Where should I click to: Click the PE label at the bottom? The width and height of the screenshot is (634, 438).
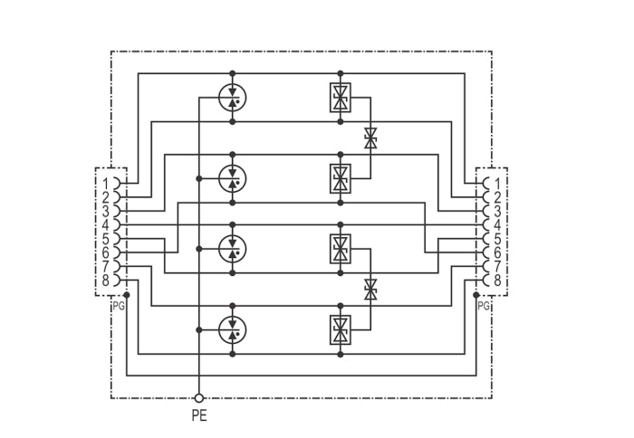coord(199,415)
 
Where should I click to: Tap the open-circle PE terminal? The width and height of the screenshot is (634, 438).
coord(198,398)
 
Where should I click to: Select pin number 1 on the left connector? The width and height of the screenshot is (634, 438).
coord(106,184)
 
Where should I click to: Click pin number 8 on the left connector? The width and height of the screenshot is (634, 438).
coord(106,280)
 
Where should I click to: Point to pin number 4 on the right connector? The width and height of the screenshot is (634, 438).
coord(497,225)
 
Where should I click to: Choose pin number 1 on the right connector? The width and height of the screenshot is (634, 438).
coord(497,184)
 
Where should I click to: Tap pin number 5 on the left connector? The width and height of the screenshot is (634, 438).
coord(106,239)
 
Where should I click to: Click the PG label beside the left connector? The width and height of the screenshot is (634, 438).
coord(119,306)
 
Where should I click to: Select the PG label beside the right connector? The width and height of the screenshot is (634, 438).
coord(484,306)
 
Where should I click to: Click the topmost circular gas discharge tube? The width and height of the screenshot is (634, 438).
coord(233,98)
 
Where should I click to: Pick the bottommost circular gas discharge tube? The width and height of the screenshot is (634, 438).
coord(233,329)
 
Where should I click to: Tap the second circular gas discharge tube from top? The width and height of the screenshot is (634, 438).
coord(233,178)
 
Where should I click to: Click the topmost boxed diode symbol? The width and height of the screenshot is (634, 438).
coord(341,98)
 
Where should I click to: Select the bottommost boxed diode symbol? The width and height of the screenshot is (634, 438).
coord(341,329)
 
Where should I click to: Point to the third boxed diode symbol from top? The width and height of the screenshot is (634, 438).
coord(341,249)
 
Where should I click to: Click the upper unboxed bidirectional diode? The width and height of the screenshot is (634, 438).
coord(370,138)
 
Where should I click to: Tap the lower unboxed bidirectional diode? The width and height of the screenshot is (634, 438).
coord(370,290)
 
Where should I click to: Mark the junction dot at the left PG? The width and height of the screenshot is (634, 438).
coord(127,295)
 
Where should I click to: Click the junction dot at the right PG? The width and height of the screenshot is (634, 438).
coord(475,295)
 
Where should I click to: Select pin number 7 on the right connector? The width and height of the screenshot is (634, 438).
coord(497,266)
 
